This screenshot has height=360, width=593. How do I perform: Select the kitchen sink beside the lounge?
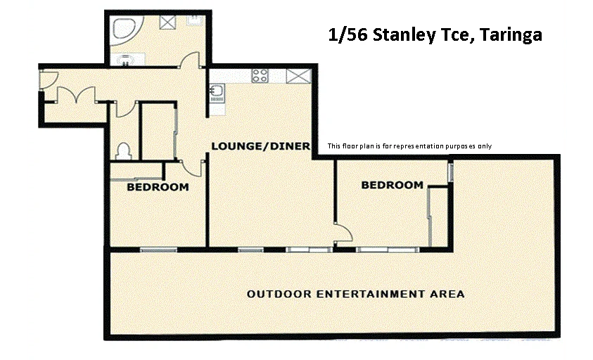[x=216, y=91]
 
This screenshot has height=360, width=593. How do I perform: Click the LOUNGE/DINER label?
[x=261, y=146]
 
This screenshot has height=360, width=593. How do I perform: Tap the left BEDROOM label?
[x=158, y=187]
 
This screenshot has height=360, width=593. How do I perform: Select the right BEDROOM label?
[x=392, y=185]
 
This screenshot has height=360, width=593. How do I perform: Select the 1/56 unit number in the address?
[x=348, y=34]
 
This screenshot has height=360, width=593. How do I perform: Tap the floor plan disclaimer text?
[x=409, y=146]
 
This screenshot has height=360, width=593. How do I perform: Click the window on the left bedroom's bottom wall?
[x=153, y=249]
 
